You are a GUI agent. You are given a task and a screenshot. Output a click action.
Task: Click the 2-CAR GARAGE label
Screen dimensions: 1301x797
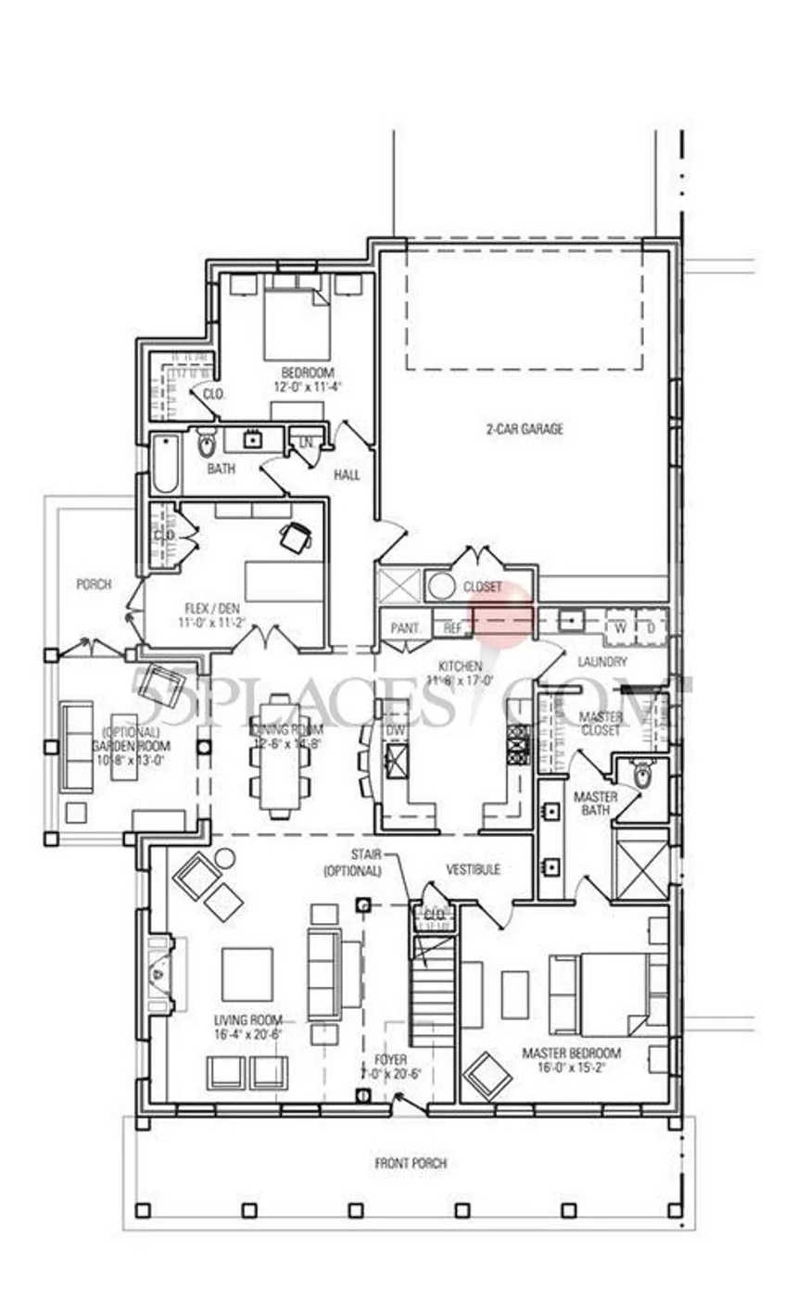[x=524, y=429]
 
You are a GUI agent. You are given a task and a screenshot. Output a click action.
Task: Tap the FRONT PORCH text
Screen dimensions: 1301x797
[x=411, y=1163]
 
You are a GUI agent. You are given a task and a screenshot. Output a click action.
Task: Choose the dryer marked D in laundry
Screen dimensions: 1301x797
[x=652, y=626]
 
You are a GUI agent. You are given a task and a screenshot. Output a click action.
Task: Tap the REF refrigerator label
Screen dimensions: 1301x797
[x=452, y=628]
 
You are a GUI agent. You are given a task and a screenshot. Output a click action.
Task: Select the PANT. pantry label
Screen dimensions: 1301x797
[x=405, y=628]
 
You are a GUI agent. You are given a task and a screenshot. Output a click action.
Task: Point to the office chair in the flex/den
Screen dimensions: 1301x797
[x=296, y=537]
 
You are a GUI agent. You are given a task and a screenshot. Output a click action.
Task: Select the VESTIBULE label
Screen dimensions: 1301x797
[x=474, y=869]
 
